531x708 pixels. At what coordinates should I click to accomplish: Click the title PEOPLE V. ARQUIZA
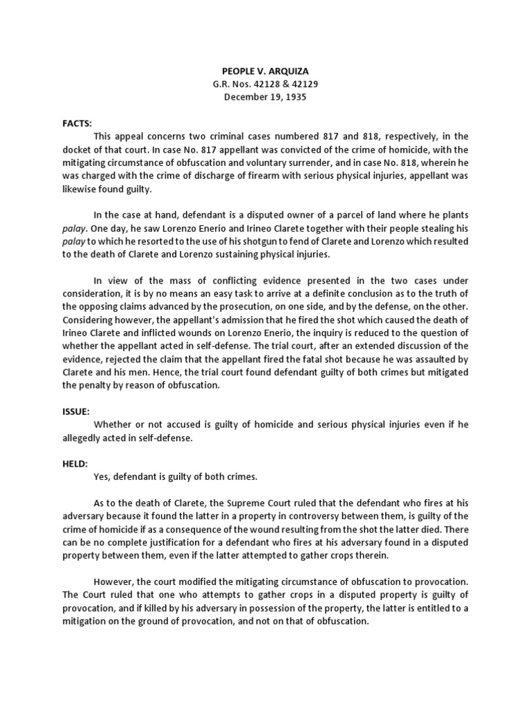coord(265,71)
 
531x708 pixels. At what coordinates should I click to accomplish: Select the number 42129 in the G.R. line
coord(303,84)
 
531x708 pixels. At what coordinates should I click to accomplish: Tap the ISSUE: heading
coord(76,411)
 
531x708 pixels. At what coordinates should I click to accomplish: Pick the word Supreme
coord(272,503)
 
